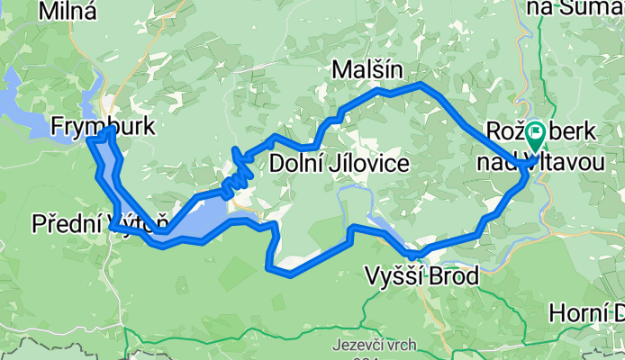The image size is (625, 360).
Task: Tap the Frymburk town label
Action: pyautogui.click(x=103, y=128)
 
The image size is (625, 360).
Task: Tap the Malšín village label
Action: pyautogui.click(x=366, y=69)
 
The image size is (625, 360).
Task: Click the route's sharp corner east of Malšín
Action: pyautogui.click(x=421, y=85)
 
